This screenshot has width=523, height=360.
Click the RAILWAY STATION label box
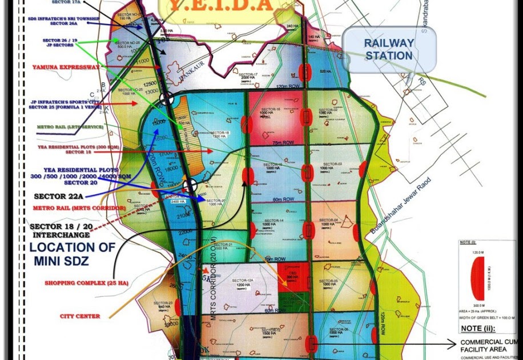389,50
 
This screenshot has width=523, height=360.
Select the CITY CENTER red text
79,316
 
